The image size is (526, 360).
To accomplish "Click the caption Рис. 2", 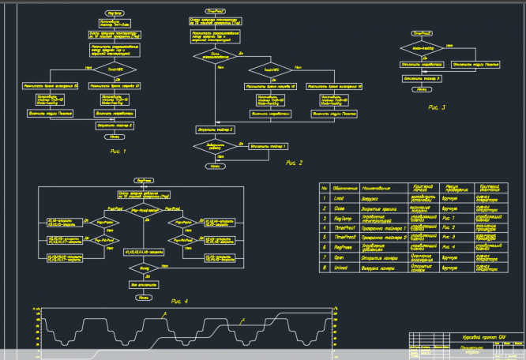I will pos(295,163).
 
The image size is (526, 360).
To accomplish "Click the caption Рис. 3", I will pos(437,107).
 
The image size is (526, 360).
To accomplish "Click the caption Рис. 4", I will pos(180,301).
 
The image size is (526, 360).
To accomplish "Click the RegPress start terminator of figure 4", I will pos(145,180).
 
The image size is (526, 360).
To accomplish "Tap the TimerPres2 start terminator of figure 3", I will pos(423,34).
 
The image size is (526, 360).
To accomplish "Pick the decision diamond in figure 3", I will pos(421,47).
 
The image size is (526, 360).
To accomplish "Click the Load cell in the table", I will pos(341,198).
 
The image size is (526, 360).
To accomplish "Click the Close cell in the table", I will pos(341,208).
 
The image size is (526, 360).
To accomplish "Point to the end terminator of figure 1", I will pos(115,136).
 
